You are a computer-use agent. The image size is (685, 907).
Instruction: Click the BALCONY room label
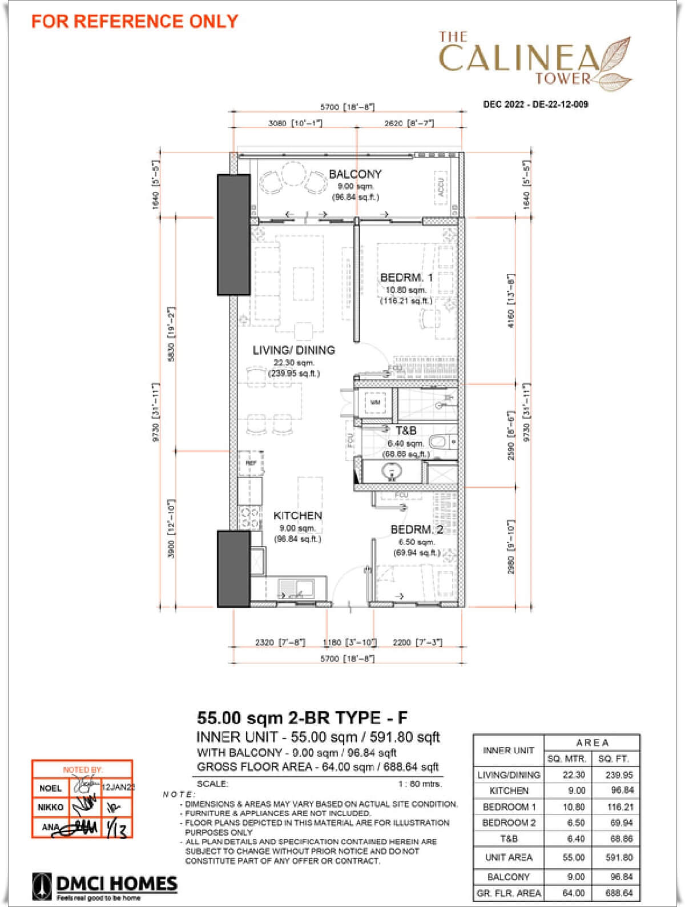coord(354,174)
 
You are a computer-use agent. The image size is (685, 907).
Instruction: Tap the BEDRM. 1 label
coord(406,278)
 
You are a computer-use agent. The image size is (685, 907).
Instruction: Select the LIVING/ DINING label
coord(293,350)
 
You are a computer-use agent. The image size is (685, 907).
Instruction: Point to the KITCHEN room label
coord(297,515)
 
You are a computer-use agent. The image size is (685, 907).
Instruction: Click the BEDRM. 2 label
coord(417,529)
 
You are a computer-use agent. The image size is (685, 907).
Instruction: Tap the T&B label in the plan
coord(406,431)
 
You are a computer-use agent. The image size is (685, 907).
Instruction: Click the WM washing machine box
coord(375,402)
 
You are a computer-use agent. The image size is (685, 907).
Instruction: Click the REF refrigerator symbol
coord(251,463)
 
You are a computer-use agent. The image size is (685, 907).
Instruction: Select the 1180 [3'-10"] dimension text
coord(349,643)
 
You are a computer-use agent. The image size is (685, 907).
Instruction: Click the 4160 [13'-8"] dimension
coord(511,300)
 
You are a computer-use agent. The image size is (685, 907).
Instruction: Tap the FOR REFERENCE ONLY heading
coord(135,21)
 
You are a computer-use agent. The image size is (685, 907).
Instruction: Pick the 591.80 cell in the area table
coord(619,857)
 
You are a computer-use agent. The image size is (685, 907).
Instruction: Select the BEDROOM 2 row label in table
coord(509,823)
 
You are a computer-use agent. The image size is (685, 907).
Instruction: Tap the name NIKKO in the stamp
coord(50,807)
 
